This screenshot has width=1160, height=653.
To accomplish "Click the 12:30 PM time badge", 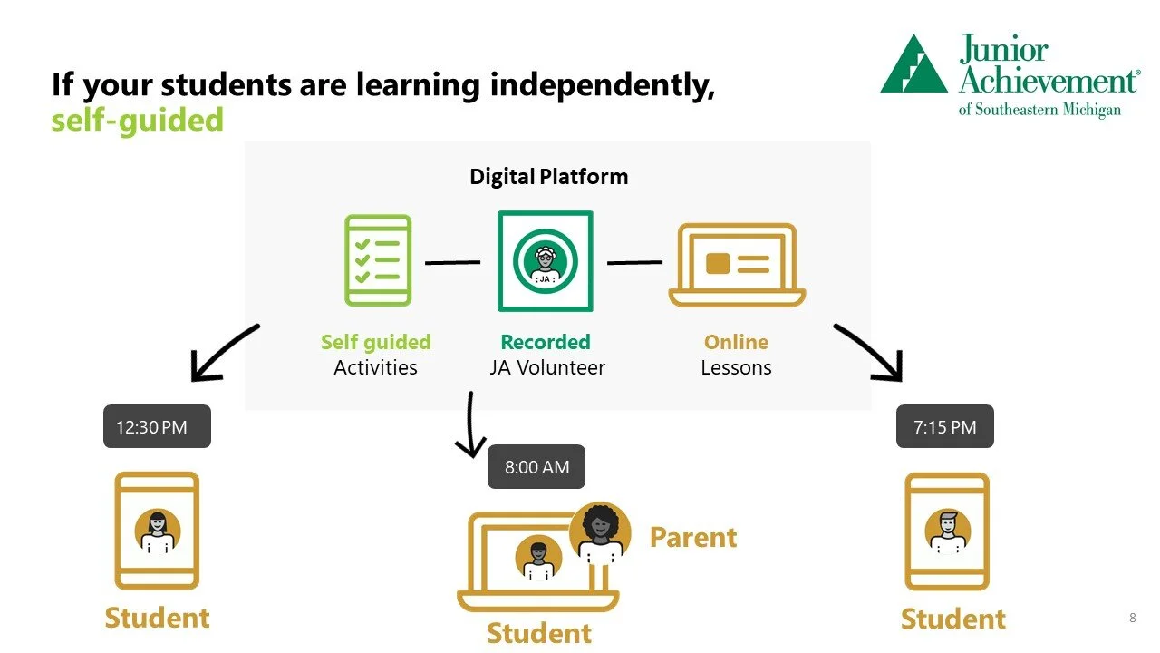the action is pos(157,426).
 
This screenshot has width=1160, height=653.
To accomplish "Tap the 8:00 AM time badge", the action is pos(536,467).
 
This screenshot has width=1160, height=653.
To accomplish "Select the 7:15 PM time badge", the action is pos(944,426).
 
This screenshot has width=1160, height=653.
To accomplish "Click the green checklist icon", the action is pos(377,260).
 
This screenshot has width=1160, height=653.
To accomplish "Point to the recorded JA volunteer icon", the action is pos(545,261).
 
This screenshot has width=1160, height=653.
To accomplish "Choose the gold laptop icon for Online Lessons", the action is pos(737,265).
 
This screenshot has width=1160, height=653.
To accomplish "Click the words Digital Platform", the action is pos(548,176).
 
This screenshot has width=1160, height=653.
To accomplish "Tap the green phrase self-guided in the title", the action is pos(137,120).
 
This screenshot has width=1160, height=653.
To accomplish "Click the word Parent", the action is pos(693,537).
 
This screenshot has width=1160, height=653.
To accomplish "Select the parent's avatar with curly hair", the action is pos(600,528).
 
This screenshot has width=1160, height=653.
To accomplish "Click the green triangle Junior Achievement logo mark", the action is pos(913,64).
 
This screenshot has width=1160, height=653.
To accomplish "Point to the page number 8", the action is pos(1132,619).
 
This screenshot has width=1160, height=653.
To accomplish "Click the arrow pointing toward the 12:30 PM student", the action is pos(222,354).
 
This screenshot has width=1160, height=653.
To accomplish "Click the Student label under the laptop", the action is pos(538,633).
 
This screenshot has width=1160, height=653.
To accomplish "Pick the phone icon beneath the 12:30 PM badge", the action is pos(157,531).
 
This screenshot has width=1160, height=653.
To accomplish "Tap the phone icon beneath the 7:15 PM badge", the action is pos(947,531).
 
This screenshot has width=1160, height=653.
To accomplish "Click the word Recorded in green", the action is pos(545,342).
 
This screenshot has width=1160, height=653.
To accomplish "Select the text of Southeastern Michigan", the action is pos(1039,110).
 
